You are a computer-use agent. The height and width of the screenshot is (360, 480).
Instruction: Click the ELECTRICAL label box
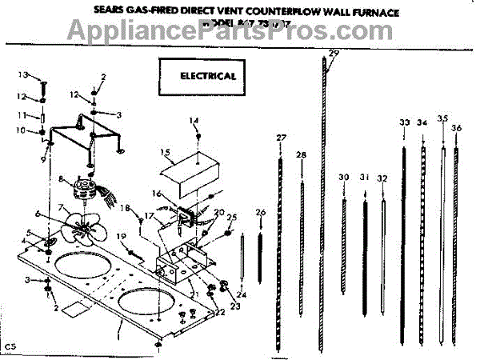[x=203, y=77]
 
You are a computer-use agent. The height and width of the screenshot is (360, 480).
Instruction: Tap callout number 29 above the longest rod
[x=334, y=54]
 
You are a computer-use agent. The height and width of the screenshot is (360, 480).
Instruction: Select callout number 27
[x=281, y=138]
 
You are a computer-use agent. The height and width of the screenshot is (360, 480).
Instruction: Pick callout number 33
[x=404, y=122]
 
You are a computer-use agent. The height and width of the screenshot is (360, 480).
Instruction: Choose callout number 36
[x=455, y=128]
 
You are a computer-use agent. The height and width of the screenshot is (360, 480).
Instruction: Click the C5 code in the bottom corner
[x=10, y=345]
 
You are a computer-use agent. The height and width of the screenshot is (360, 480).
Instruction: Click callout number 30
[x=344, y=177]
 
